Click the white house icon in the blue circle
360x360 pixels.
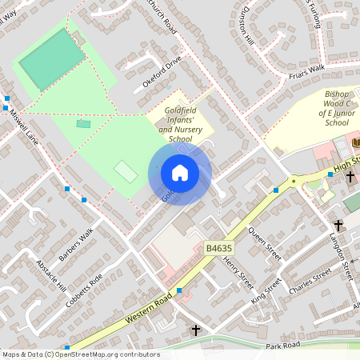tap(179, 173)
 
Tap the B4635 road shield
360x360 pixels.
tap(216, 249)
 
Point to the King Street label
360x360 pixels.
tap(266, 290)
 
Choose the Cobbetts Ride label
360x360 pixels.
tap(86, 291)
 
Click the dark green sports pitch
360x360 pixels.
tap(52, 58)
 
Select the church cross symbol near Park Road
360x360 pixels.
tap(196, 330)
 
